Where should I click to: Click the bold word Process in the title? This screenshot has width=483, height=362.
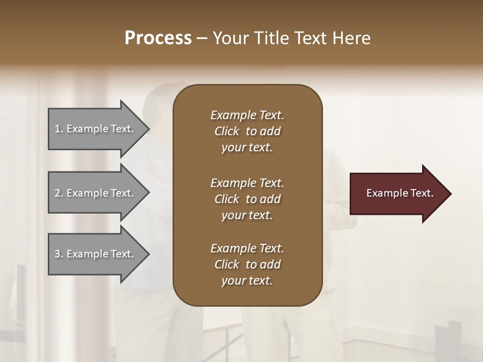pyautogui.click(x=158, y=38)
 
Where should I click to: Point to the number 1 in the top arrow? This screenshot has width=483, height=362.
pyautogui.click(x=58, y=129)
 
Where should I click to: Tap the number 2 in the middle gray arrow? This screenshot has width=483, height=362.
pyautogui.click(x=58, y=193)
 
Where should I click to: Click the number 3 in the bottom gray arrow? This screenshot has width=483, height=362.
pyautogui.click(x=58, y=254)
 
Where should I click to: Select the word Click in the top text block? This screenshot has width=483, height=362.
pyautogui.click(x=227, y=131)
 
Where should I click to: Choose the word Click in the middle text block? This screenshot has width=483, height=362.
pyautogui.click(x=227, y=199)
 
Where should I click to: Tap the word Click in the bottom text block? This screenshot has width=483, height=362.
pyautogui.click(x=227, y=264)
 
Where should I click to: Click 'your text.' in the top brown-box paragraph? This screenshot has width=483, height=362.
pyautogui.click(x=247, y=147)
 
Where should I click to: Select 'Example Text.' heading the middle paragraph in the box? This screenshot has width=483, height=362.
pyautogui.click(x=247, y=183)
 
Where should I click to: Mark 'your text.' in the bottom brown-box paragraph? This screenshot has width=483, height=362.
pyautogui.click(x=247, y=281)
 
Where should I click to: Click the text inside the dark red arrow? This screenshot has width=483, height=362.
pyautogui.click(x=399, y=193)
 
